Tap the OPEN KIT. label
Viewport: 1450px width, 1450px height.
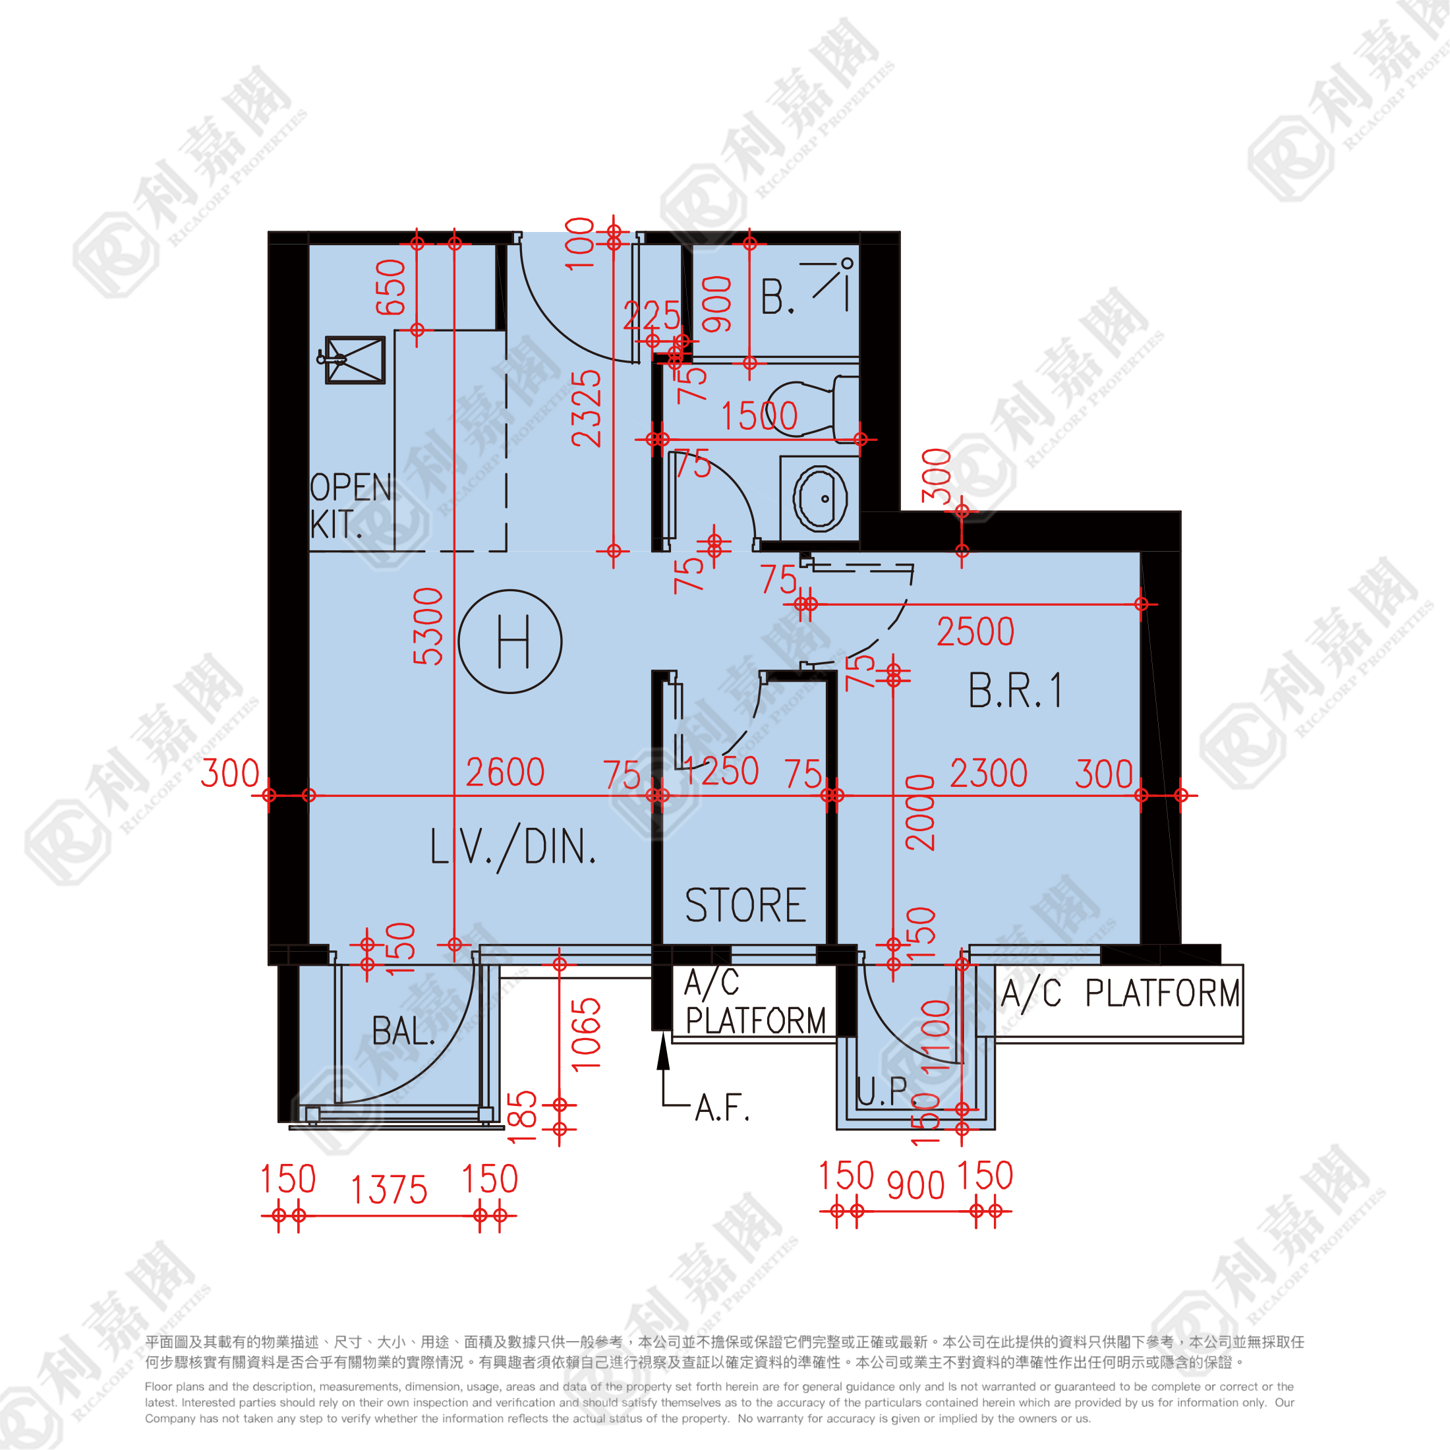pos(351,506)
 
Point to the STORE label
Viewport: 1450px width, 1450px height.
pos(745,905)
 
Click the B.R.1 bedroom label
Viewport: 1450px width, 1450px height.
pos(1015,691)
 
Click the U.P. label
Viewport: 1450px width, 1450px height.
pos(883,1091)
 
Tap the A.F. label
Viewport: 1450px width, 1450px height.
pos(722,1108)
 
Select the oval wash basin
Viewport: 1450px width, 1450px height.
pos(821,498)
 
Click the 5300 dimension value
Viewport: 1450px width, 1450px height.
pos(428,626)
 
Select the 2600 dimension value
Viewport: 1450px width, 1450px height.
pos(505,772)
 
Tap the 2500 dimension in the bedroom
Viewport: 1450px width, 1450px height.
pos(975,632)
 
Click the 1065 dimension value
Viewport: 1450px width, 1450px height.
pos(586,1034)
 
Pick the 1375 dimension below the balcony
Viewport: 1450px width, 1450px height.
pos(389,1190)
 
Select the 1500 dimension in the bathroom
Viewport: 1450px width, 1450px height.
pos(759,416)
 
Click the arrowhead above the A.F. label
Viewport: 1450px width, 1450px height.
pos(662,1051)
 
